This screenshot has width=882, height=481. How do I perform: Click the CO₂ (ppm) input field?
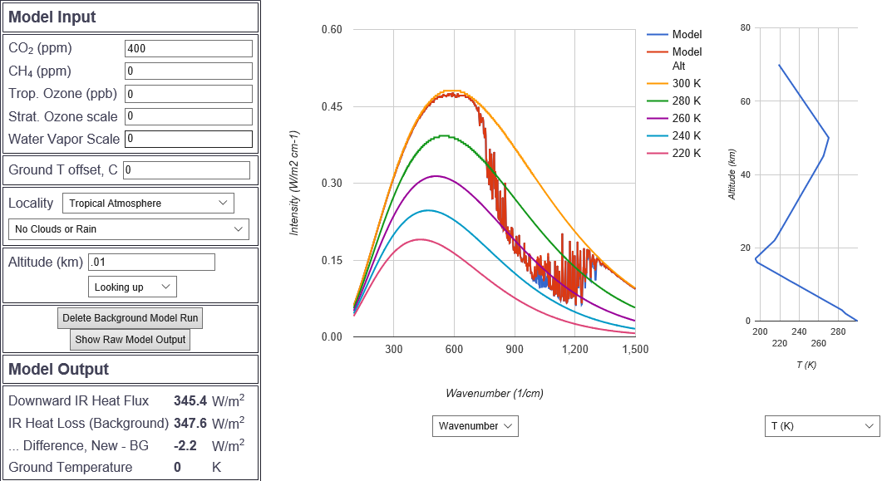188,49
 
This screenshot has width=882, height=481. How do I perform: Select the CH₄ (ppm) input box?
188,71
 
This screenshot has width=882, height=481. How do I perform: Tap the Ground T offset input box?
186,170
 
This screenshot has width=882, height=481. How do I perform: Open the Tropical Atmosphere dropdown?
148,203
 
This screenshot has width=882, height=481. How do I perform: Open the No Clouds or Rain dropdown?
128,229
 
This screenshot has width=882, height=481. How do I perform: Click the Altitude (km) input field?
151,263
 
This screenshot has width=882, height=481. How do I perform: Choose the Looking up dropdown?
132,287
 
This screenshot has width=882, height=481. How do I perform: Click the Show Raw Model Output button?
131,340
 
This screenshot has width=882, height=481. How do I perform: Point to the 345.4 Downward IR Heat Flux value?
190,400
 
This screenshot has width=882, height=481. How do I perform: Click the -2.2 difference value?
185,445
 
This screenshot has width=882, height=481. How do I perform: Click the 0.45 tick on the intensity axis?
332,106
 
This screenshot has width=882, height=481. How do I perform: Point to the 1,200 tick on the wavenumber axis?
574,350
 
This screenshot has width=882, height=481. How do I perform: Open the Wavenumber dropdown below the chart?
475,426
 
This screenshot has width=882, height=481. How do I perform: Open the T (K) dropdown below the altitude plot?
821,426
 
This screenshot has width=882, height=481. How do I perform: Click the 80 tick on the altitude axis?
745,28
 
